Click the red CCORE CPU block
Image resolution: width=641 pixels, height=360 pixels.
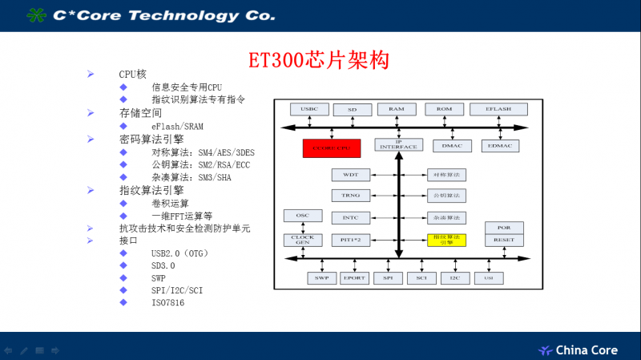click(x=332, y=148)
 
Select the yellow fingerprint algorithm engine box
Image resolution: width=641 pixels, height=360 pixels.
click(x=446, y=239)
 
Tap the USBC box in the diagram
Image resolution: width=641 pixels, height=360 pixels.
click(x=309, y=108)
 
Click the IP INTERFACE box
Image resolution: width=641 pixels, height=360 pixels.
click(x=398, y=145)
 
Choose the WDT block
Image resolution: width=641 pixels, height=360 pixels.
click(x=350, y=174)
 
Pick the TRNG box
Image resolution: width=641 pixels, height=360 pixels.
click(x=350, y=196)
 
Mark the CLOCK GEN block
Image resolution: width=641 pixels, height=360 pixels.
click(x=303, y=240)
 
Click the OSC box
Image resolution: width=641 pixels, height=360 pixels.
click(x=303, y=216)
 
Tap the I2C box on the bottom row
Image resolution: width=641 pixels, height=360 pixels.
click(x=454, y=277)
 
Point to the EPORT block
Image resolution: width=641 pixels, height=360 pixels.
click(x=353, y=277)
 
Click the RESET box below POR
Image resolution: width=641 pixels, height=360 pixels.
click(x=504, y=240)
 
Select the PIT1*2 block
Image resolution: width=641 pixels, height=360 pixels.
click(x=350, y=239)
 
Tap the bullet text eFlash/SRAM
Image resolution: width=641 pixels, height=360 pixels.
click(x=179, y=126)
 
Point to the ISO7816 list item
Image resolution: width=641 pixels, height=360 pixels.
click(x=168, y=302)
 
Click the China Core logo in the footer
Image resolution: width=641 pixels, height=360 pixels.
click(x=577, y=350)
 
